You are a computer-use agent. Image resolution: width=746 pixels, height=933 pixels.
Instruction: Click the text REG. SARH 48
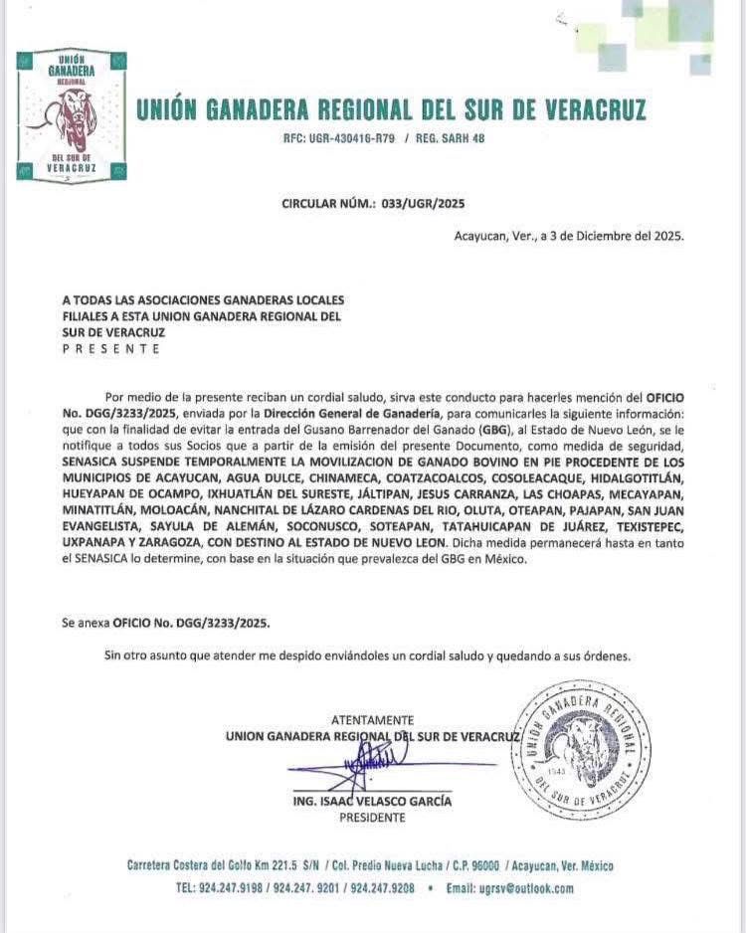point(450,139)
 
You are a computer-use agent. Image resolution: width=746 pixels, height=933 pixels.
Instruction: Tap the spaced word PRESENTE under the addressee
point(110,349)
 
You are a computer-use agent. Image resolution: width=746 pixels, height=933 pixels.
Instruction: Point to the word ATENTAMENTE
point(372,720)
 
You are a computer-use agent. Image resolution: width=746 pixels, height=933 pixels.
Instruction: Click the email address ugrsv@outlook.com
point(524,888)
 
